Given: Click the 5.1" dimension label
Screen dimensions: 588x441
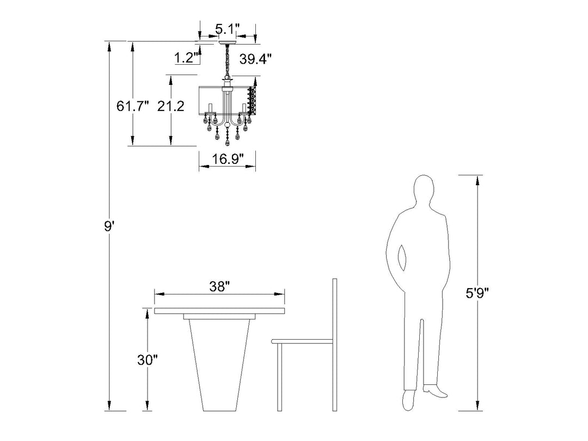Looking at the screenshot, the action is [x=227, y=28].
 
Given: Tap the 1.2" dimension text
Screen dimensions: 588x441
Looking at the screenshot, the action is [x=186, y=58].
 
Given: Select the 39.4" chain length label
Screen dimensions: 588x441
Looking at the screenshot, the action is [x=255, y=59].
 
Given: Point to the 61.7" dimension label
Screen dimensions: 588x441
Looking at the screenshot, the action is [x=132, y=106].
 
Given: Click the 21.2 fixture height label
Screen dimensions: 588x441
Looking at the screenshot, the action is [x=170, y=106].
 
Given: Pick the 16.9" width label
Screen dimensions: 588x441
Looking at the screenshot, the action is [x=228, y=159].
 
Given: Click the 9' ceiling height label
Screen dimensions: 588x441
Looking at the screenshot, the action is [x=109, y=226].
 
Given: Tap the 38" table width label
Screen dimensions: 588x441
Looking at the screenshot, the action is [x=219, y=287].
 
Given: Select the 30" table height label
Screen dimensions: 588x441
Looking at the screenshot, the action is [x=148, y=360].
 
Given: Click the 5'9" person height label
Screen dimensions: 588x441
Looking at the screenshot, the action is [x=477, y=293].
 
